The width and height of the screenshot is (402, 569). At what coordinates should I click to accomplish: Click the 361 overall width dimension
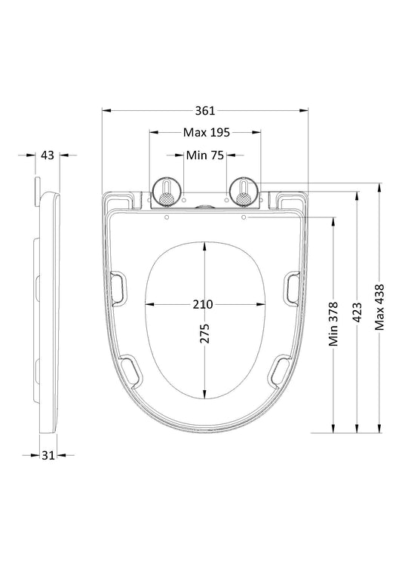tap(205, 111)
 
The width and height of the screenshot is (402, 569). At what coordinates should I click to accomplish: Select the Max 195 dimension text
tap(207, 133)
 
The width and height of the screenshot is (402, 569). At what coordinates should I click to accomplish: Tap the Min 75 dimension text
tap(205, 155)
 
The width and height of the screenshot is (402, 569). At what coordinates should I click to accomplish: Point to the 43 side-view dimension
tap(48, 155)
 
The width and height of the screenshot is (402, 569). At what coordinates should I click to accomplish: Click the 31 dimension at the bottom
tap(48, 455)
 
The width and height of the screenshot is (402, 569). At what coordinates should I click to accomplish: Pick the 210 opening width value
tap(203, 304)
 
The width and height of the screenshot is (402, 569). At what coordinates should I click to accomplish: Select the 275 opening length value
tap(204, 334)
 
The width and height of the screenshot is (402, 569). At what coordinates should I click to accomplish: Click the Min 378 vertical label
tap(333, 324)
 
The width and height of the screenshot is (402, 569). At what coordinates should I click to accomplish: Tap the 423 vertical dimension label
tap(358, 312)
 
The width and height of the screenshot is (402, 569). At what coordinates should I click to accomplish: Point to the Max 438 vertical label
tap(380, 307)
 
